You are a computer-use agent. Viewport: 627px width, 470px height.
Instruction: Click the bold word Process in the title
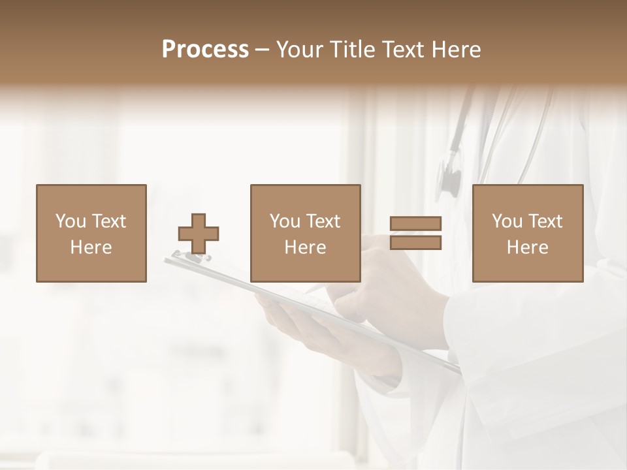pos(205,50)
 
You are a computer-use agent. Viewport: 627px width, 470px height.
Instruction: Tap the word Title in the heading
pos(352,50)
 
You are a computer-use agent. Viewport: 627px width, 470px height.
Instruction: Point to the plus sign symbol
pos(199,234)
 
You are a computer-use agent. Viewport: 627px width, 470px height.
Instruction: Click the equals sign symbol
pos(416,233)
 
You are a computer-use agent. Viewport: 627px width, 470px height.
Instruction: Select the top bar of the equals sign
pos(416,224)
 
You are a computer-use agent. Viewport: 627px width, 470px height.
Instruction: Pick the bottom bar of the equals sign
pos(416,243)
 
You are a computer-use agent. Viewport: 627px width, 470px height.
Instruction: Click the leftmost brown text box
pos(91,234)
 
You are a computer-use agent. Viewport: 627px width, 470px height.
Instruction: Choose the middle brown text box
pos(305,234)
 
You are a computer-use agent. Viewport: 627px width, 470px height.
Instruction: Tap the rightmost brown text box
pos(527,234)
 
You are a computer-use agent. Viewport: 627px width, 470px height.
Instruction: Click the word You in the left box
pos(70,221)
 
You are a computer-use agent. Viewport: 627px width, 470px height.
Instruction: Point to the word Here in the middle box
pos(305,247)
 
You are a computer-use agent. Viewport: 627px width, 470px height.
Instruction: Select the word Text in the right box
pos(544,221)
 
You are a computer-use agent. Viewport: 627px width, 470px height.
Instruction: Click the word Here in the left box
pos(91,247)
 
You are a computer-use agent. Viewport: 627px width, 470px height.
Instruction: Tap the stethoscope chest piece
pos(449,175)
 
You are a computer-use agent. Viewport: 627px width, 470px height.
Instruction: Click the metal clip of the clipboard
pos(189,256)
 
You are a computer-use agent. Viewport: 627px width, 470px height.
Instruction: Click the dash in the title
pos(263,50)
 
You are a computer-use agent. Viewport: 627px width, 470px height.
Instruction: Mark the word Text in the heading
pos(400,50)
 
